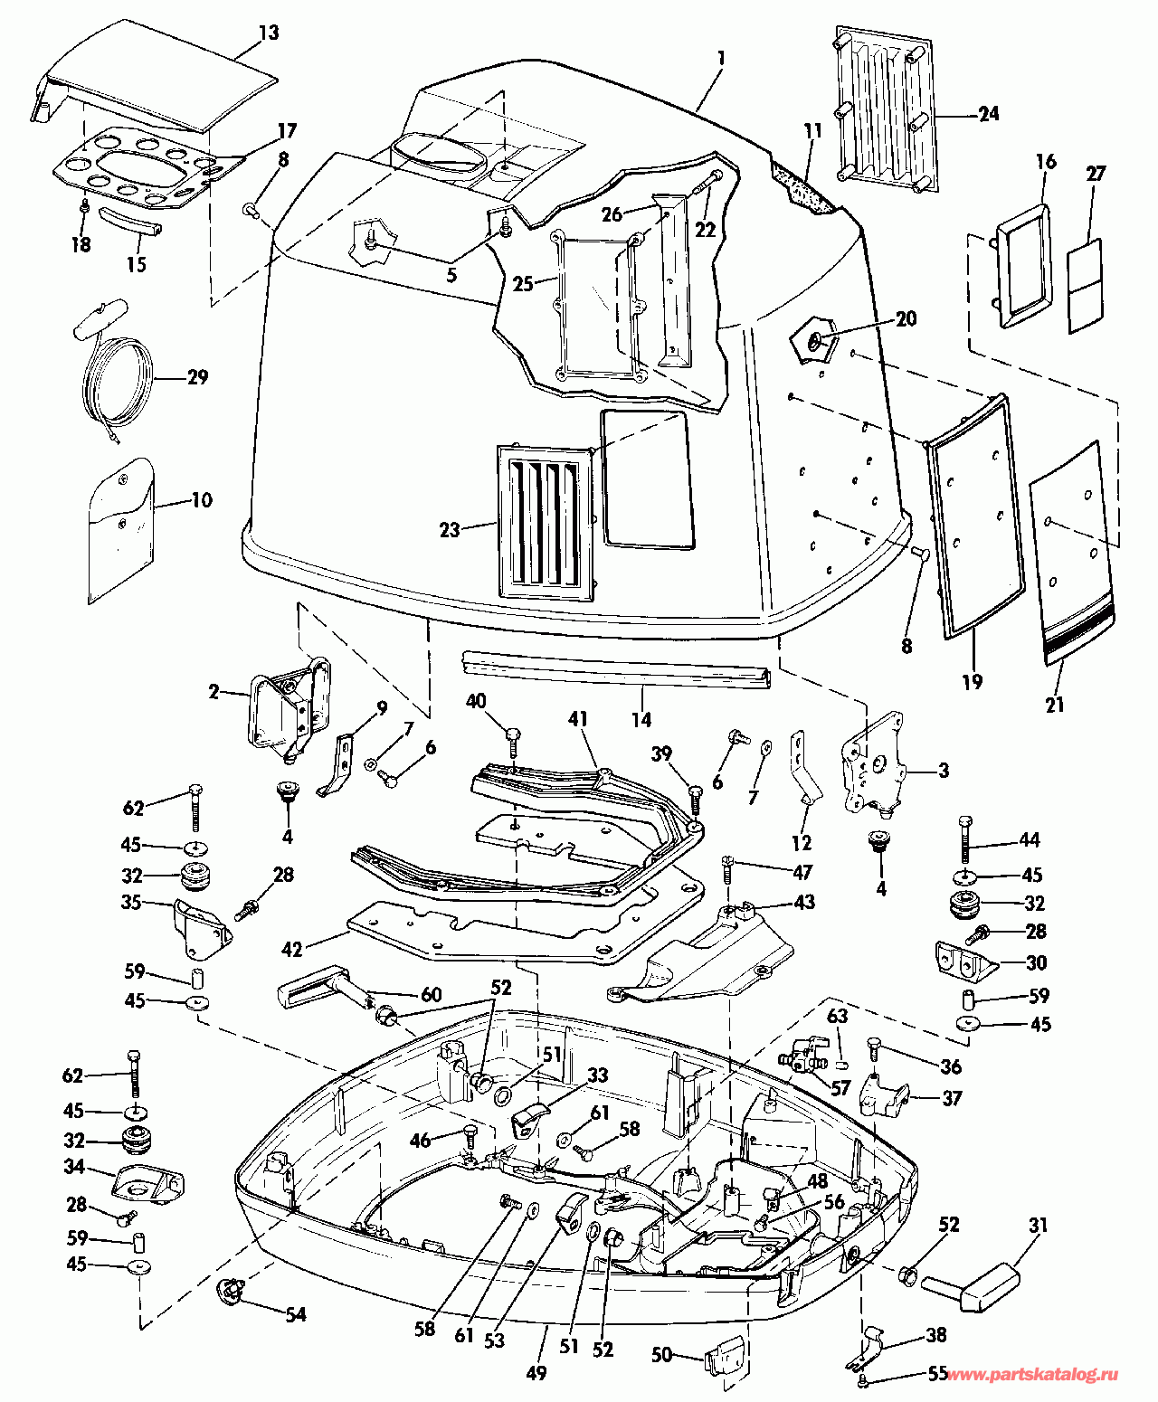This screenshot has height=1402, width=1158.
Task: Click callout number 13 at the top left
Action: [269, 33]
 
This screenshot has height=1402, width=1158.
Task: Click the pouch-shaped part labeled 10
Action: [122, 531]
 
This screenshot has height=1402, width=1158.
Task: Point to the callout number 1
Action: [721, 59]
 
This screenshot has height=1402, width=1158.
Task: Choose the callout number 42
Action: [292, 949]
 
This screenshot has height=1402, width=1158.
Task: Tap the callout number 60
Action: [430, 994]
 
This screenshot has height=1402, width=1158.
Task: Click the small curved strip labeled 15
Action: [132, 221]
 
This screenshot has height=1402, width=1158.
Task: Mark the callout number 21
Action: [1055, 705]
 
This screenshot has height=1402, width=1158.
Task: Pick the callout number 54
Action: [295, 1314]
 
